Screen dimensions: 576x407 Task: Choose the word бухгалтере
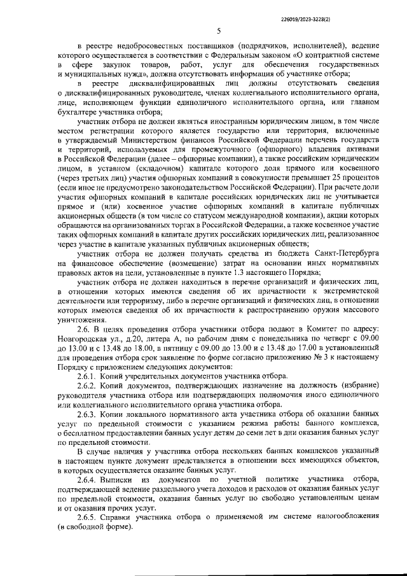pos(79,111)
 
